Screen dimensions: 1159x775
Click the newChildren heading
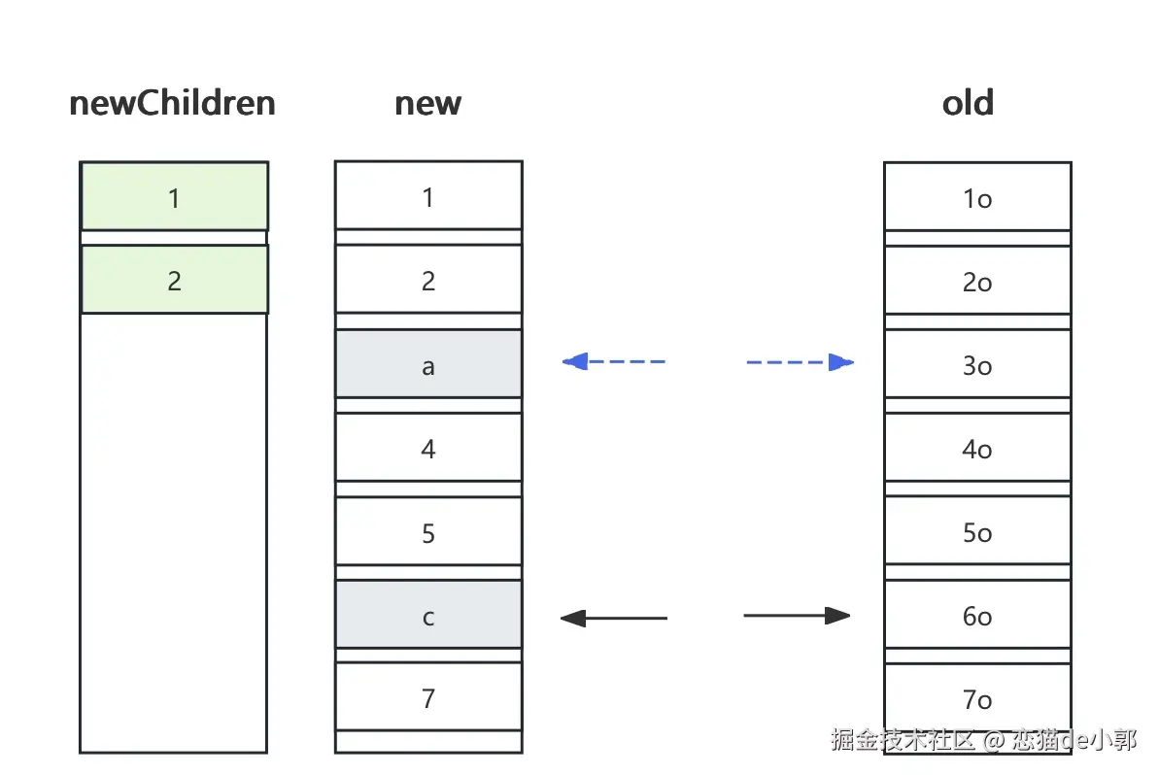click(x=172, y=103)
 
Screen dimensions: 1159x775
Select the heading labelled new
click(x=428, y=104)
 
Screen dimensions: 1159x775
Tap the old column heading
click(x=968, y=103)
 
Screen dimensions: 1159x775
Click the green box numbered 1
click(x=175, y=196)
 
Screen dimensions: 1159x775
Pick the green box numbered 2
click(x=175, y=280)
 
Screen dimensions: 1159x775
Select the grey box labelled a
click(x=428, y=364)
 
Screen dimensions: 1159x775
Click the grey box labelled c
click(x=428, y=615)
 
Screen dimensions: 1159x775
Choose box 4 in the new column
click(x=428, y=448)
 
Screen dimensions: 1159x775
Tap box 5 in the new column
click(x=428, y=531)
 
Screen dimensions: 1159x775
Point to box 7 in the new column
click(x=428, y=696)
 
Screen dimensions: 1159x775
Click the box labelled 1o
click(x=978, y=197)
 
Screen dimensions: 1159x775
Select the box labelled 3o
click(x=978, y=364)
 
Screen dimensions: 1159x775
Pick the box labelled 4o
click(x=978, y=448)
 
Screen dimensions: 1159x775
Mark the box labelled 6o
click(x=978, y=615)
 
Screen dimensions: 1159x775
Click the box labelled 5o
click(x=978, y=531)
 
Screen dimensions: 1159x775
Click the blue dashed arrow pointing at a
click(x=613, y=361)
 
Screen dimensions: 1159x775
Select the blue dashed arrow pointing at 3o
click(x=801, y=362)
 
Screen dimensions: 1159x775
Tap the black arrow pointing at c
click(x=613, y=618)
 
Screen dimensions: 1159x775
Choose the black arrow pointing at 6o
click(x=797, y=616)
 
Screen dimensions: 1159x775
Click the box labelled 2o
click(x=978, y=281)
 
